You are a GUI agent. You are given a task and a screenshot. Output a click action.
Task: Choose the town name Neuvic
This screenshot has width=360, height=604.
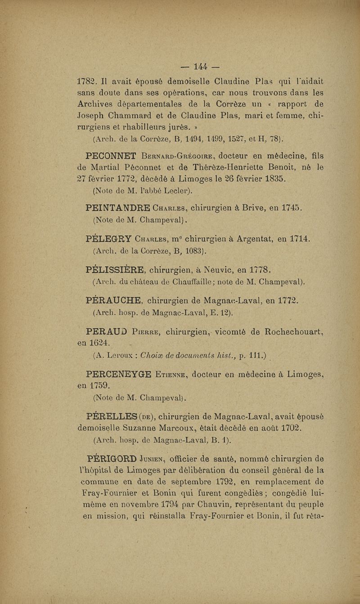pos(213,270)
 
